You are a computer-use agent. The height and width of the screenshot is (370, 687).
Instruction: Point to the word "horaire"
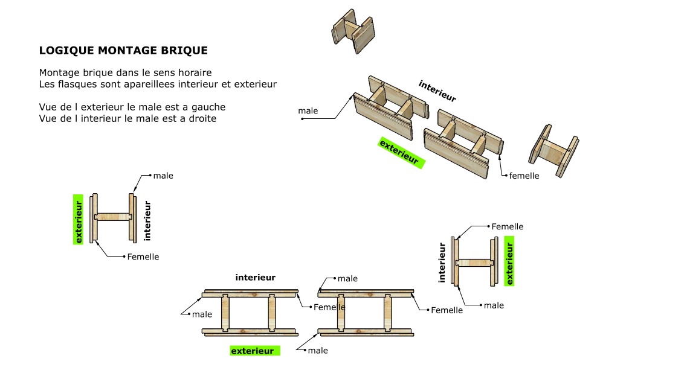click(x=195, y=72)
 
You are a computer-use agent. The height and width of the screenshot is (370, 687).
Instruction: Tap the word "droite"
click(x=202, y=119)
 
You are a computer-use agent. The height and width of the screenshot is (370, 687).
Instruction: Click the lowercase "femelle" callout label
click(x=524, y=176)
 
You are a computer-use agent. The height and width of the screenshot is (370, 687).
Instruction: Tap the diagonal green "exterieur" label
click(x=401, y=153)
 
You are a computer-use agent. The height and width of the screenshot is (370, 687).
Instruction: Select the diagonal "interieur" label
click(x=437, y=91)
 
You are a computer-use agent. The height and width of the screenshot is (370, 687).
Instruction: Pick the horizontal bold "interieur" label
click(x=256, y=277)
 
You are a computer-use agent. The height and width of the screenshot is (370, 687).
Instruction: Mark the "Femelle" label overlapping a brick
click(x=329, y=307)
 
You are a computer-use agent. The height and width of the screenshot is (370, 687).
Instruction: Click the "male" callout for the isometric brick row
click(x=308, y=111)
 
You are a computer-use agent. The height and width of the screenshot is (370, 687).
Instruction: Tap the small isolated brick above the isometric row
click(x=353, y=31)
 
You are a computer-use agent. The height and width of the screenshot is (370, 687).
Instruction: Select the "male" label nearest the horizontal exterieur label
click(x=318, y=350)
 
